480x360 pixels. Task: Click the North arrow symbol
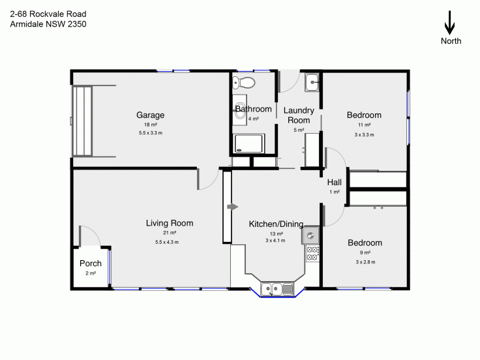click(x=449, y=23)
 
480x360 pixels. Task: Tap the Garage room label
click(x=150, y=115)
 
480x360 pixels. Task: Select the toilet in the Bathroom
click(x=243, y=82)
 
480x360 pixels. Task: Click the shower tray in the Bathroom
click(x=248, y=143)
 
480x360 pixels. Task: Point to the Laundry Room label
click(x=299, y=115)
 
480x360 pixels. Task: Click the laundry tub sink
click(x=312, y=82)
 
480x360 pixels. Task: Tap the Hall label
click(x=335, y=183)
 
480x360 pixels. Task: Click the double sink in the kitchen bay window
click(x=277, y=289)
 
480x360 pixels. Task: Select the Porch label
click(x=91, y=263)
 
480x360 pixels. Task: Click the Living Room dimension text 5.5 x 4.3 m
click(x=167, y=242)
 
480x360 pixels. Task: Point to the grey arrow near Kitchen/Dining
click(x=232, y=207)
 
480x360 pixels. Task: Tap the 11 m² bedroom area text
click(x=365, y=125)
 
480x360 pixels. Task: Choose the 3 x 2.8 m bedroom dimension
click(x=365, y=262)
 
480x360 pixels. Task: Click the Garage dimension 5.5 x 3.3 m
click(x=151, y=133)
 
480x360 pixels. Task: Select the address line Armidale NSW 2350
click(x=48, y=24)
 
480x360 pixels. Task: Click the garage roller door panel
click(x=83, y=121)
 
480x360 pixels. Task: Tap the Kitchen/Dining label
click(x=276, y=224)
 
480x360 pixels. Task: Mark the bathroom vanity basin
click(x=240, y=110)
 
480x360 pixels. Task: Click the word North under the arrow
click(x=451, y=41)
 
